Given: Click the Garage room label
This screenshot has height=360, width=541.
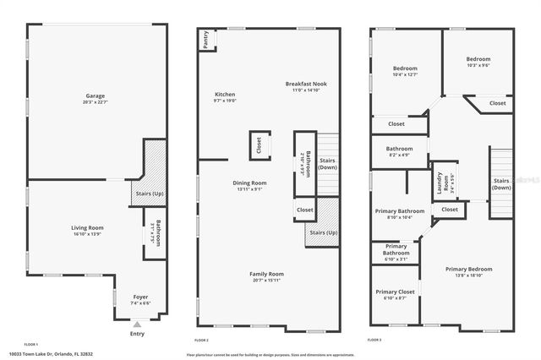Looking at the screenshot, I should coord(94,95).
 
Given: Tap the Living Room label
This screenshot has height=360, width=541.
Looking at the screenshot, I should coord(86,227).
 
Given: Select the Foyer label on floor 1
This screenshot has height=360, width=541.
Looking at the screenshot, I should coord(141,297).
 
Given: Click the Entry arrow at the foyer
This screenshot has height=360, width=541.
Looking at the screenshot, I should coord(137,324).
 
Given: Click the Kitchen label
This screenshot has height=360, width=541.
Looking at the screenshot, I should coord(225,94).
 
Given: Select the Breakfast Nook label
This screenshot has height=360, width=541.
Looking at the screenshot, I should coord(305,84).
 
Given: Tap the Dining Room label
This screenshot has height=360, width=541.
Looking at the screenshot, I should coord(250,183).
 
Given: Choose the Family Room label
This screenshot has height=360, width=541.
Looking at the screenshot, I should coord(265,274).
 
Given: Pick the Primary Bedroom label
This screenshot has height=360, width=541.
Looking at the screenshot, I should coord(468,269).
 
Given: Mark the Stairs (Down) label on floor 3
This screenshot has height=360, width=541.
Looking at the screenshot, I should coord(501,183).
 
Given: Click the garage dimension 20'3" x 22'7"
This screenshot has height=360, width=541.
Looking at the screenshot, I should coord(94,101).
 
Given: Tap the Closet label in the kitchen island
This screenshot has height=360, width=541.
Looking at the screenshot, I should coord(259,145).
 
